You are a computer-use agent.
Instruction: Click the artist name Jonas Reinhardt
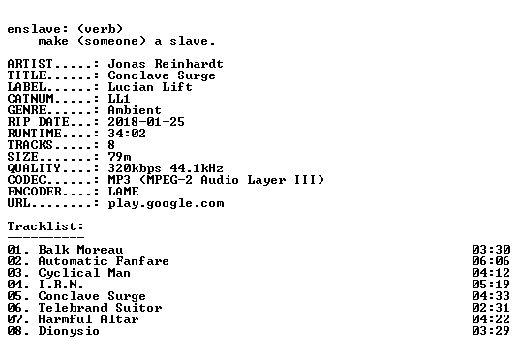click(166, 64)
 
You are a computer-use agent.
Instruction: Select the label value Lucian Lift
click(150, 87)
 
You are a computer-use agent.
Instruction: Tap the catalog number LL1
click(119, 99)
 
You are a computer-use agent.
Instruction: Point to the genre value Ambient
click(135, 110)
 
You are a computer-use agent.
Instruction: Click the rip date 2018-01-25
click(146, 122)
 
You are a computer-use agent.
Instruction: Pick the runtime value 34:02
click(127, 134)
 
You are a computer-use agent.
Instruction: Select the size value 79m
click(119, 157)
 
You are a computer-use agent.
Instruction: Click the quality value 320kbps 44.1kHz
click(166, 168)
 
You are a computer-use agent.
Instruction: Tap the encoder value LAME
click(123, 192)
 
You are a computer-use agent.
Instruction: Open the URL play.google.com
click(166, 203)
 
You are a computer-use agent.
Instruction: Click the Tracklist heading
click(46, 226)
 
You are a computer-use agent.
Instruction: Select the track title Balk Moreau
click(80, 250)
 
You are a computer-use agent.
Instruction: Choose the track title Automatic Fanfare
click(104, 261)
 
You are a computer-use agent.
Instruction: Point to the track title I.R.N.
click(61, 285)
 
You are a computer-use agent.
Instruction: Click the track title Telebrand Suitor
click(100, 308)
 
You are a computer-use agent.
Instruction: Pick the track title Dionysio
click(69, 331)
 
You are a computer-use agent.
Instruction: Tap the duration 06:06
click(491, 261)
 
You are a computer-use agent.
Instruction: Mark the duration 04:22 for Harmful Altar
click(491, 319)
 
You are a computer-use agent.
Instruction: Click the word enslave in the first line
click(34, 29)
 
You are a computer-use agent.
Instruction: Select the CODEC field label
click(26, 180)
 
